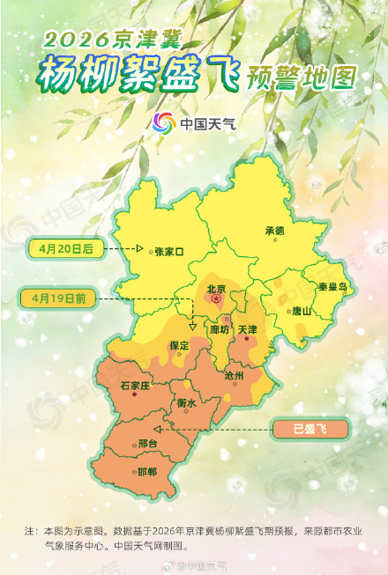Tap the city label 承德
[x=275, y=231]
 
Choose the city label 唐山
[x=302, y=310]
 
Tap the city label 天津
[x=248, y=329]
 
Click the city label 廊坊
[x=220, y=329]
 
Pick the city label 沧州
[x=234, y=376]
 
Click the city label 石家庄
[x=141, y=386]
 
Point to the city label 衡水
[x=186, y=402]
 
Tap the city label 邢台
[x=150, y=443]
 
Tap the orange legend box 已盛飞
[x=310, y=429]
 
